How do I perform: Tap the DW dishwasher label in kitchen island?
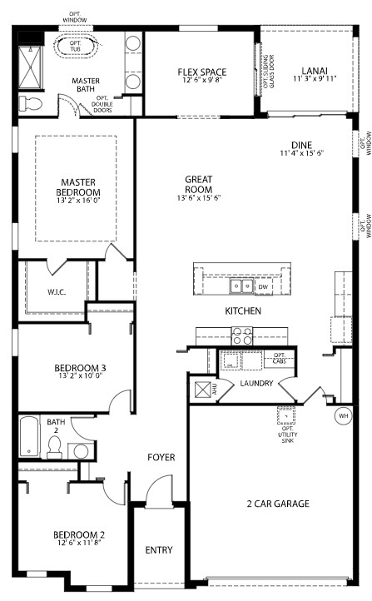tap(263, 287)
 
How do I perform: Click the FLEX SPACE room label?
tap(202, 72)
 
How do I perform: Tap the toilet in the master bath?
tap(30, 103)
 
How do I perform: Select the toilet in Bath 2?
tap(54, 448)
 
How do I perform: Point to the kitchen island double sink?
tap(242, 287)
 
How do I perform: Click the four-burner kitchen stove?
tap(241, 336)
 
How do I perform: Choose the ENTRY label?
tap(159, 550)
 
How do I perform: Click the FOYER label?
tap(161, 457)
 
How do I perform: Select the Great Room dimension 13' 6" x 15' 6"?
tap(198, 198)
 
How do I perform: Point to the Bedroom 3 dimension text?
tap(80, 376)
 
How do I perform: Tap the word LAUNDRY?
tap(257, 384)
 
